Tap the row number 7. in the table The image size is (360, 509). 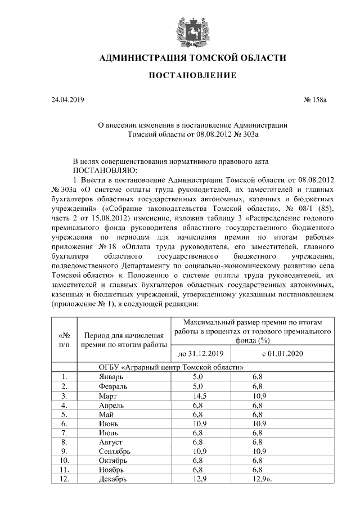point(65,433)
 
